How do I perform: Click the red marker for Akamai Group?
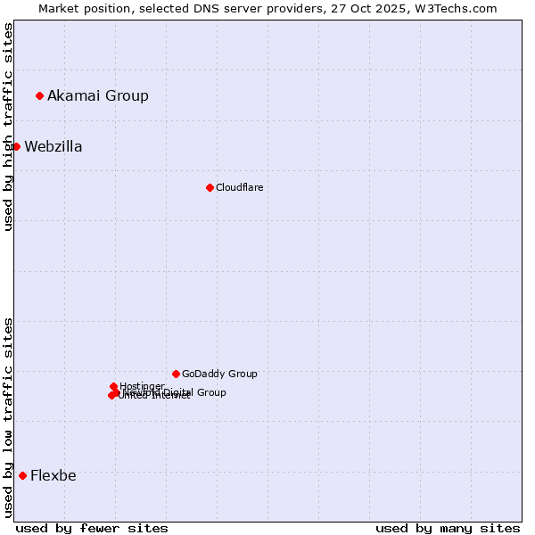[x=39, y=95]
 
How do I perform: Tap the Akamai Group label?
[x=98, y=95]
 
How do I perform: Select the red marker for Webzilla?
[x=16, y=146]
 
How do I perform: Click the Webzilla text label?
[x=53, y=146]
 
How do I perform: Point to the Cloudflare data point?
[x=210, y=187]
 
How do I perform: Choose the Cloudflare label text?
[x=239, y=187]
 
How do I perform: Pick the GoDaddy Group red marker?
[x=176, y=374]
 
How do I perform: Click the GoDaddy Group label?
[x=219, y=374]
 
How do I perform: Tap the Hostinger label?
[x=142, y=386]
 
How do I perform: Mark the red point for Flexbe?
[x=22, y=475]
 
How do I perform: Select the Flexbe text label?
[x=53, y=475]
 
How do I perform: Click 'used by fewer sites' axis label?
[x=92, y=528]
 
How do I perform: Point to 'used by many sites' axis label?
[x=448, y=528]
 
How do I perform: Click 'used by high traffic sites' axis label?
[x=8, y=127]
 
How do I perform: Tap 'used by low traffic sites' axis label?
[x=8, y=417]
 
